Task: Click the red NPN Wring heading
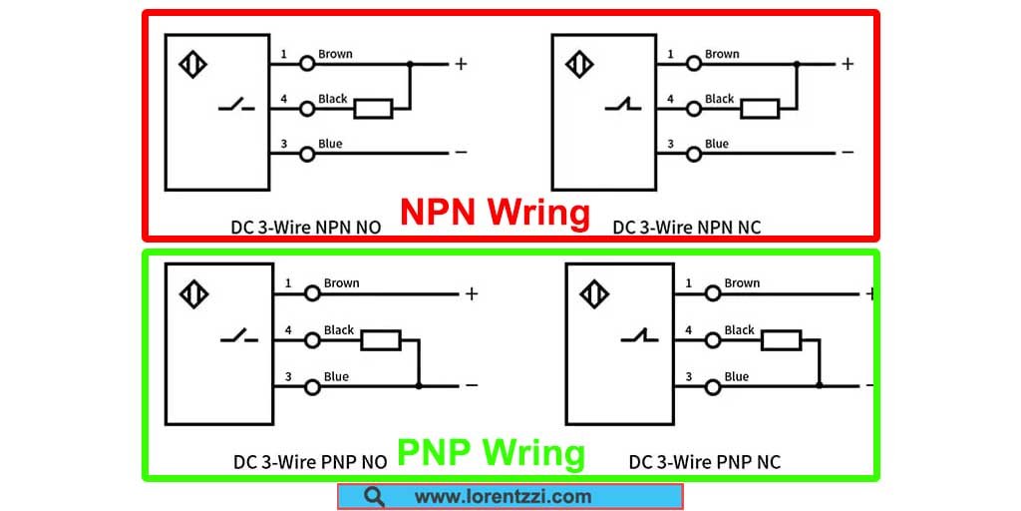495,213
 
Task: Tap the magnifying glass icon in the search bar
374,496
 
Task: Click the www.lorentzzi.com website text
503,496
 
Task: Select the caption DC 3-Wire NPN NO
306,227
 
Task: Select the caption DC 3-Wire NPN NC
686,227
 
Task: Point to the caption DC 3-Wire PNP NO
309,462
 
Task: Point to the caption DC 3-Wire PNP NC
704,462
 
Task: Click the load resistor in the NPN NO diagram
374,109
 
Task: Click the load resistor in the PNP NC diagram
781,340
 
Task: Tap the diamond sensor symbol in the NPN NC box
580,66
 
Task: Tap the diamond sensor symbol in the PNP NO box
194,294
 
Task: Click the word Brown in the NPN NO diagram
335,54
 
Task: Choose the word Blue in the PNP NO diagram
336,376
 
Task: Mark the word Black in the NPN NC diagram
719,99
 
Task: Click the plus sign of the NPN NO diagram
461,64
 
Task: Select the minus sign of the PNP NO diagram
471,385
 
